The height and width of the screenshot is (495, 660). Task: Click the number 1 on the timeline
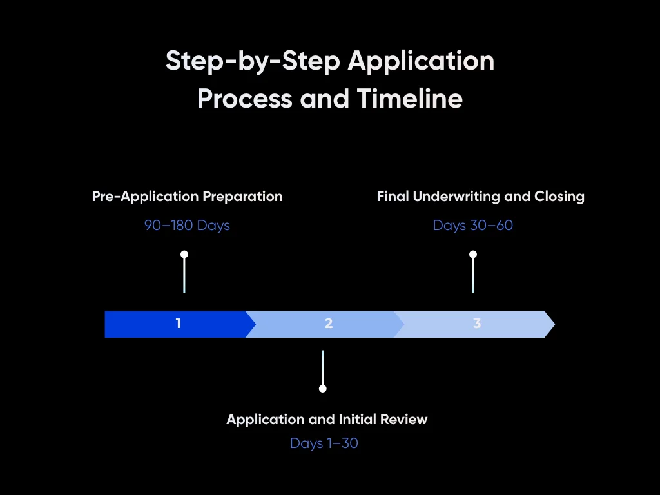click(x=179, y=324)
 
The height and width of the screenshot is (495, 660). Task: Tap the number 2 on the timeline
click(x=329, y=324)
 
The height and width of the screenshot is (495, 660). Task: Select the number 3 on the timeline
click(x=477, y=324)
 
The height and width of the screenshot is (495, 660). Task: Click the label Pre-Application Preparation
click(x=187, y=197)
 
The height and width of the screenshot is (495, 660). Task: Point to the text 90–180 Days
click(x=187, y=226)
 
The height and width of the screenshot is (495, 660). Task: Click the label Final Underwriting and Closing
click(x=480, y=197)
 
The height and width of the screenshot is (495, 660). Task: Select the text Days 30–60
click(x=473, y=226)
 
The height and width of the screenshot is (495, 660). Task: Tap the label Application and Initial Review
click(x=327, y=420)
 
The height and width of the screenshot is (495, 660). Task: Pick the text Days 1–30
click(x=324, y=443)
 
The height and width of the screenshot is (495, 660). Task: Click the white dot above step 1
click(x=184, y=255)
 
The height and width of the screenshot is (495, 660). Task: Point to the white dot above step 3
click(x=473, y=255)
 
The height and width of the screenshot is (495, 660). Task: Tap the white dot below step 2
click(x=323, y=389)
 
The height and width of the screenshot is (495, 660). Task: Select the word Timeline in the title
click(x=409, y=99)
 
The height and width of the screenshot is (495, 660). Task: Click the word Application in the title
click(x=421, y=61)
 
